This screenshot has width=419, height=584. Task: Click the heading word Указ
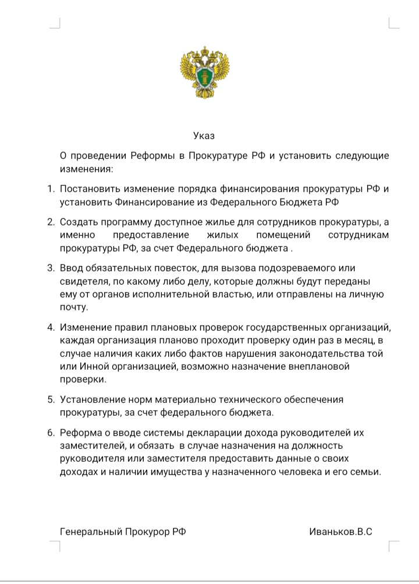[x=204, y=136]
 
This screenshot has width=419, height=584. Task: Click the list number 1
[x=49, y=189]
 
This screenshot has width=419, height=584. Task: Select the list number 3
[x=49, y=268]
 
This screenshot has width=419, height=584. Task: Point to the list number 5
[x=49, y=399]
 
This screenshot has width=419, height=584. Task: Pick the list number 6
[x=49, y=433]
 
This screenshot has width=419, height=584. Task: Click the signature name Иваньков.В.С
[x=342, y=532]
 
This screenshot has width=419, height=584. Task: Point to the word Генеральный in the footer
[x=91, y=532]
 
